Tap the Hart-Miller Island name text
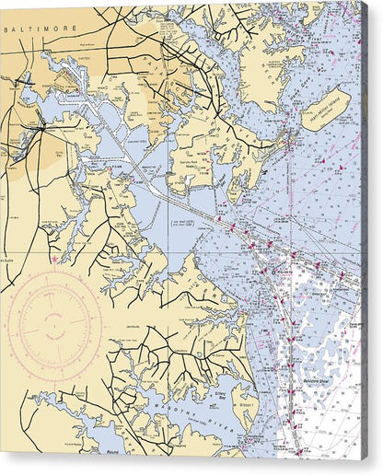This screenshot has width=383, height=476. click(x=326, y=109)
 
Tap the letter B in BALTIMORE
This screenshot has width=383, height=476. click(x=7, y=29)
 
